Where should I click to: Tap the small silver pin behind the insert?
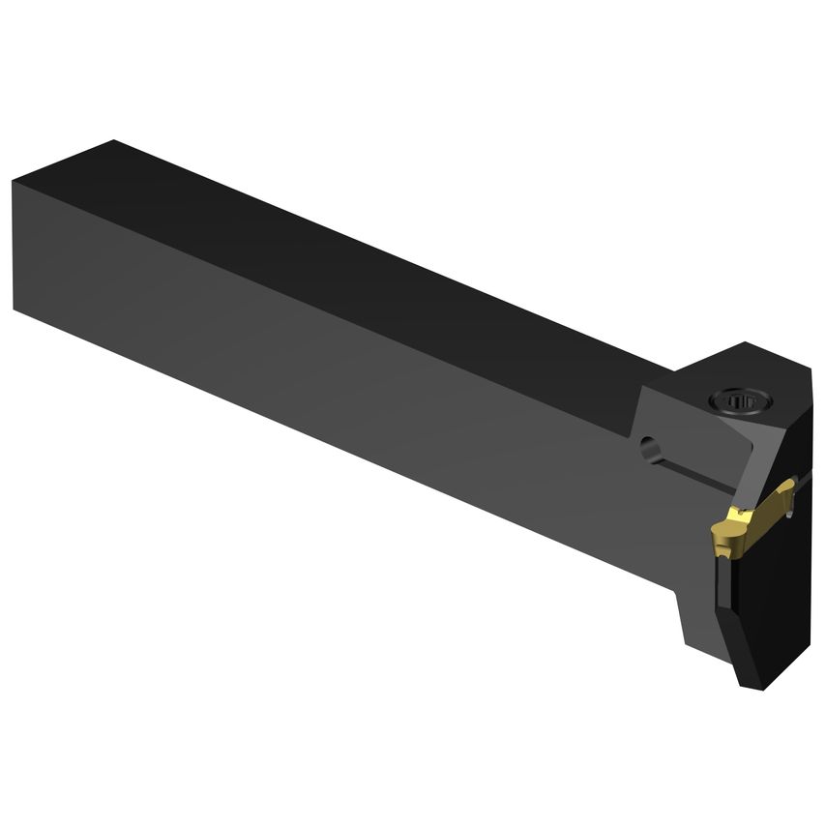point(790,512)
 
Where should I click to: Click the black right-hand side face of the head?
point(774,600)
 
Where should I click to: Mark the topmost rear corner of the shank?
point(114,141)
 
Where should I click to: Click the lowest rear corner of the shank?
point(15,308)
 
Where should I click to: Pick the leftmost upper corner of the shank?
point(14,181)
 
